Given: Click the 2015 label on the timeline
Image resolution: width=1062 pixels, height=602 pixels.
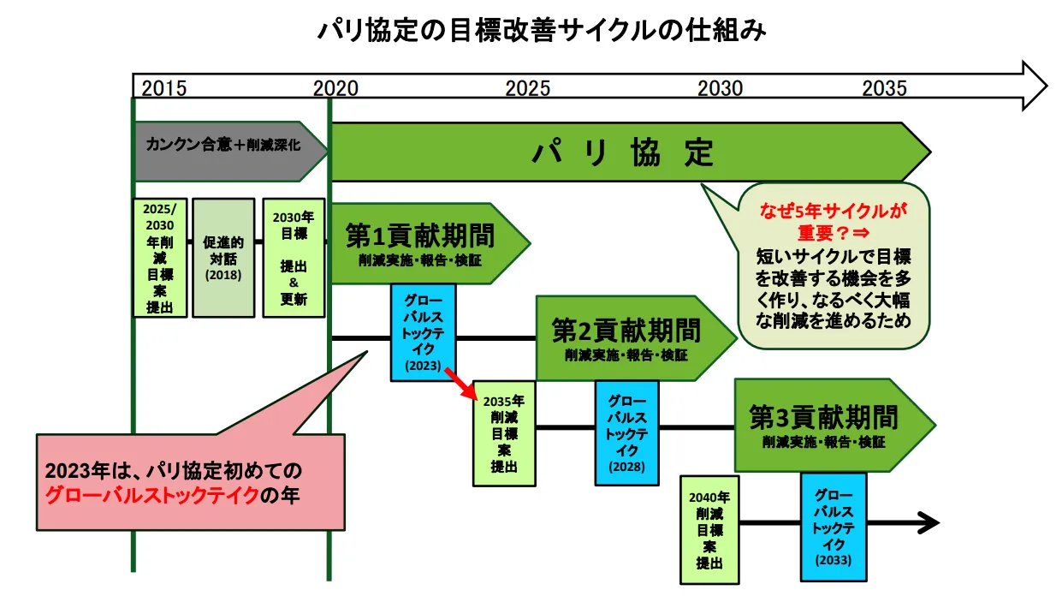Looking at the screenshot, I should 163,88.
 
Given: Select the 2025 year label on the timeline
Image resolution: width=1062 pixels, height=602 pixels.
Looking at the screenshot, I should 528,88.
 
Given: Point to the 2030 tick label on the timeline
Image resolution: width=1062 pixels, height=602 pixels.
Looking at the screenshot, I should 721,88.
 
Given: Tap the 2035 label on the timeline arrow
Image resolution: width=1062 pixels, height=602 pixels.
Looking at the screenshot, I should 884,88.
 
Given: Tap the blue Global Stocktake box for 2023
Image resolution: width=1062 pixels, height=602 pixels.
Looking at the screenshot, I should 423,332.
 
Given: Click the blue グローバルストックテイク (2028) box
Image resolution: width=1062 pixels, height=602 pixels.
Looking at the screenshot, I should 627,432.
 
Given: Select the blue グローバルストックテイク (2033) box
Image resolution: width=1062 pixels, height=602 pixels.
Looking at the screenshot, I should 834,526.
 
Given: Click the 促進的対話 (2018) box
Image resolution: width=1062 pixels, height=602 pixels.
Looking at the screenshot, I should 223,258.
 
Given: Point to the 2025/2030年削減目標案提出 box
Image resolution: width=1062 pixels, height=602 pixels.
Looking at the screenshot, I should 160,258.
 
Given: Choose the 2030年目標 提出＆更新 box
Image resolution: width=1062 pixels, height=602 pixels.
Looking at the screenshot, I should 294,258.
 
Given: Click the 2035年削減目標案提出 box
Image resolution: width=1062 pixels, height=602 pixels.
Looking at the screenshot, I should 503,433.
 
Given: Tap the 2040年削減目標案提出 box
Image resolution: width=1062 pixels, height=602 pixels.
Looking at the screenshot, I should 709,528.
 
